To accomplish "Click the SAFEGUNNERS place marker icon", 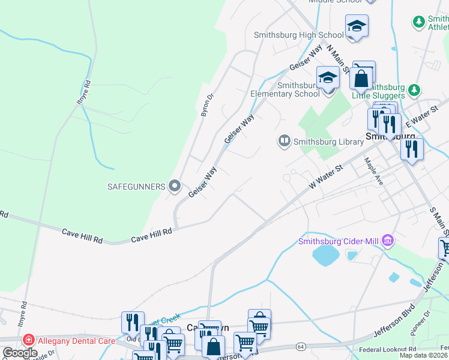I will (x=175, y=187).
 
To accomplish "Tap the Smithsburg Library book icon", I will (x=283, y=142).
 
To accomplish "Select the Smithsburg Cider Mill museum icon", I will (x=388, y=241).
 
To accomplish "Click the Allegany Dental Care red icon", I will (x=29, y=341).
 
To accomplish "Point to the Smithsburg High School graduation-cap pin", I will (x=357, y=26).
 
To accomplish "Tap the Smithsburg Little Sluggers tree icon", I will (x=413, y=90).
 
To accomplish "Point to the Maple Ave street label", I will (x=371, y=170).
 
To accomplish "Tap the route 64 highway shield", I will (x=300, y=347).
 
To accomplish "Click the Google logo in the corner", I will (x=20, y=353).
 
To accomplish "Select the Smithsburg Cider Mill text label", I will (x=339, y=242).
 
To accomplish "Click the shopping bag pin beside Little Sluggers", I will (x=362, y=77).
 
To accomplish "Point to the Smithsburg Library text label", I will (x=328, y=142).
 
